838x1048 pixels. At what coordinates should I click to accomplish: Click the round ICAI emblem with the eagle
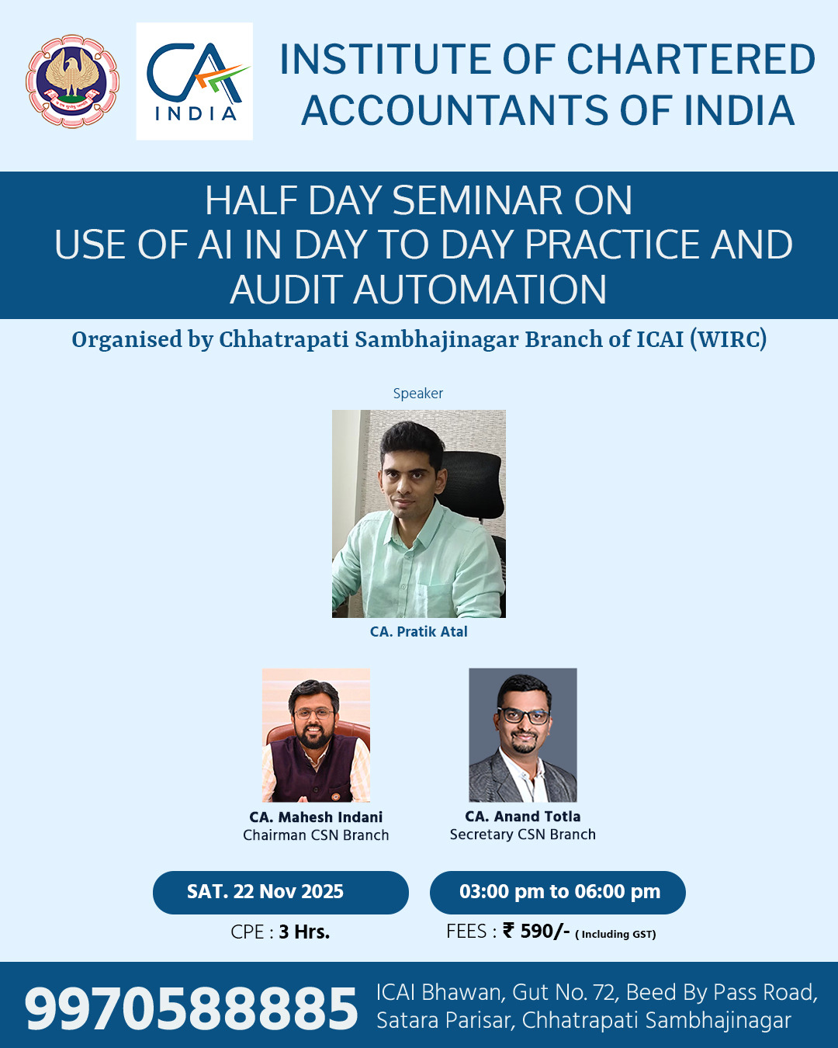[x=73, y=82]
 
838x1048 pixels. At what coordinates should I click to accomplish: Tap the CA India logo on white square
[x=194, y=82]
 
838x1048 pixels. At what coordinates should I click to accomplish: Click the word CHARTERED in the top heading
[x=691, y=60]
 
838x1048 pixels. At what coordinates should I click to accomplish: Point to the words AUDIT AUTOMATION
[x=418, y=290]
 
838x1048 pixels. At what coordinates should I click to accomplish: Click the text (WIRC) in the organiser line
[x=729, y=339]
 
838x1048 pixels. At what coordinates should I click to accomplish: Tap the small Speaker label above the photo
[x=418, y=393]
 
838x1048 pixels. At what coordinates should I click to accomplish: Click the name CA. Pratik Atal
[x=419, y=632]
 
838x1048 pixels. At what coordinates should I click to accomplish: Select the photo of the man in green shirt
[x=419, y=514]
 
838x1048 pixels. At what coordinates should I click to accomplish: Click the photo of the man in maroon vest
[x=316, y=735]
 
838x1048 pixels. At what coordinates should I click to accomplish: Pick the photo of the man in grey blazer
[x=523, y=735]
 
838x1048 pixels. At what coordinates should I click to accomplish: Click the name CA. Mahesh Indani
[x=316, y=817]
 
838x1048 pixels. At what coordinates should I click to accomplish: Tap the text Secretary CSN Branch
[x=523, y=835]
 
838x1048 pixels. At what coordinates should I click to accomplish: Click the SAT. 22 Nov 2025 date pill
[x=281, y=893]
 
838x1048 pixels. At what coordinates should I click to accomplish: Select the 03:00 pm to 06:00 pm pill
[x=558, y=893]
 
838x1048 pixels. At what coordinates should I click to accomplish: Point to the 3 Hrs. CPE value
[x=304, y=932]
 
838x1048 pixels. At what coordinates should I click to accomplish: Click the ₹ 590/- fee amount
[x=536, y=931]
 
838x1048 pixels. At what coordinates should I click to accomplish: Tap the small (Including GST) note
[x=616, y=934]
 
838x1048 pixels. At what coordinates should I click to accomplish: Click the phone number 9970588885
[x=191, y=1008]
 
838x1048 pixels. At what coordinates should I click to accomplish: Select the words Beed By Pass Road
[x=722, y=992]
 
